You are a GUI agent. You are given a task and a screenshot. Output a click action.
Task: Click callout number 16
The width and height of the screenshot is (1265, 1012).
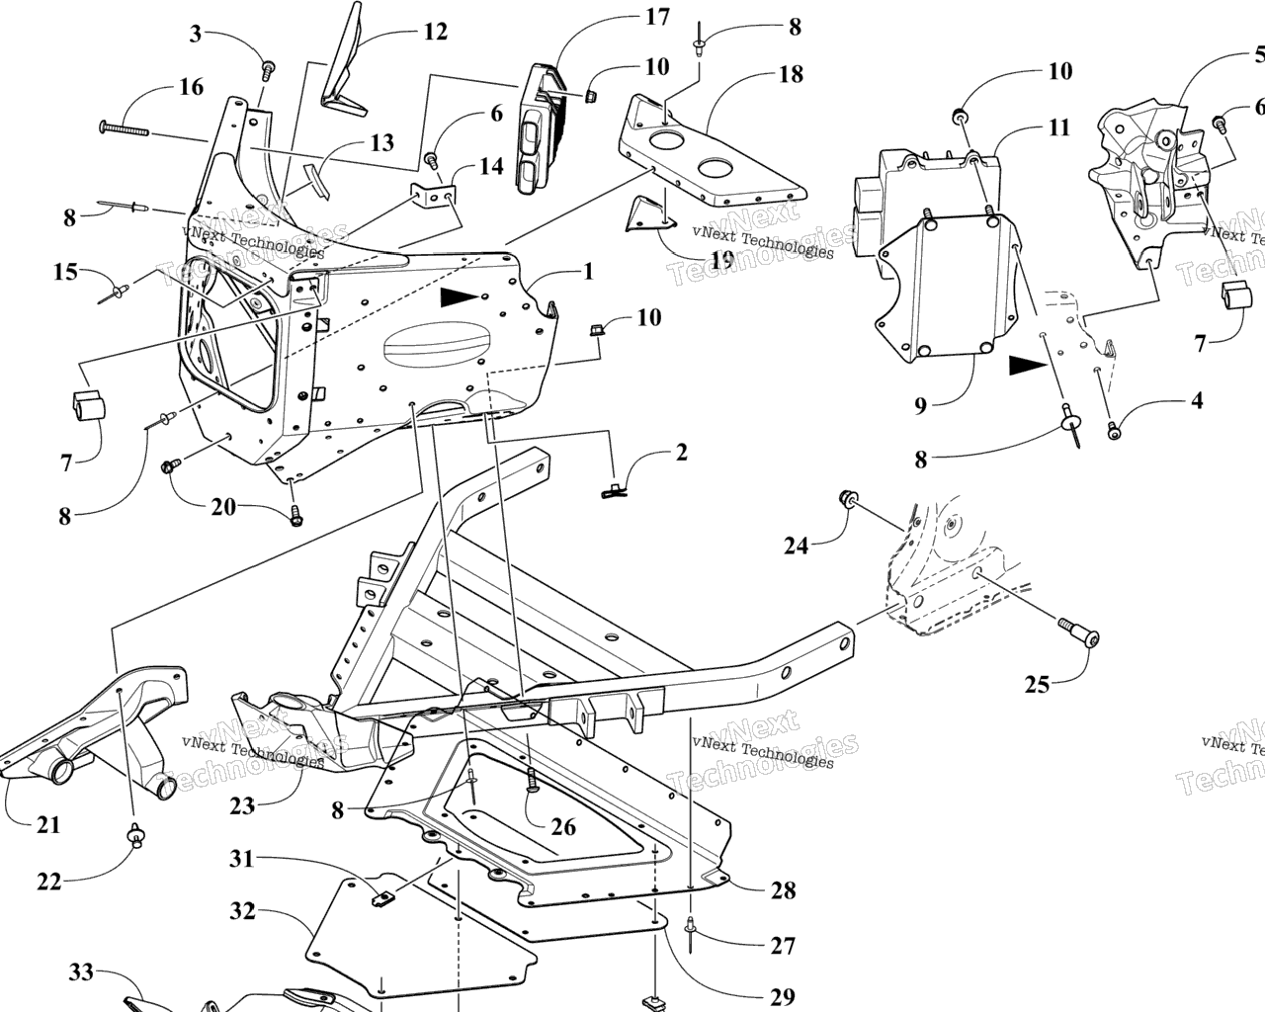tap(191, 87)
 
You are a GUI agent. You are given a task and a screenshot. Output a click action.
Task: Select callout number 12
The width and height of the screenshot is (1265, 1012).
tap(435, 32)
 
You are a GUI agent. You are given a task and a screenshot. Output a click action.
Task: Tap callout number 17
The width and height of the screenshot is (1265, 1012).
tap(656, 17)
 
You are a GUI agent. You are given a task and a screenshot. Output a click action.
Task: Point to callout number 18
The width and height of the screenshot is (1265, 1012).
tap(791, 74)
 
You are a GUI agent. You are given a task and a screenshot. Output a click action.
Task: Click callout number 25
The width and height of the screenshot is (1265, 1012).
tap(1037, 683)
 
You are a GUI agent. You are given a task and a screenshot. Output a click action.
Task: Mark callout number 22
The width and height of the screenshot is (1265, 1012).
tap(48, 881)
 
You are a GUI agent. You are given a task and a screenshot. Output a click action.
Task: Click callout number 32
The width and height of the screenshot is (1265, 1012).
tap(244, 910)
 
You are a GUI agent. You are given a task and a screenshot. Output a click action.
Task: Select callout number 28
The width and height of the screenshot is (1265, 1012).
tap(783, 890)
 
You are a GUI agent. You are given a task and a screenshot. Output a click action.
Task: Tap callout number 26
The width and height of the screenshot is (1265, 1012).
tap(563, 827)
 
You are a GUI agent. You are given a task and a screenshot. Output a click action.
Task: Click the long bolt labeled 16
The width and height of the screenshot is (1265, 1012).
tap(124, 127)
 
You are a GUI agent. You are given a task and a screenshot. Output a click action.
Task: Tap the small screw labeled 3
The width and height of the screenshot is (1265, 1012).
tap(268, 69)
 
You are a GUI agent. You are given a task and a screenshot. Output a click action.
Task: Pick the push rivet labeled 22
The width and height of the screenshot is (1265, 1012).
tap(134, 836)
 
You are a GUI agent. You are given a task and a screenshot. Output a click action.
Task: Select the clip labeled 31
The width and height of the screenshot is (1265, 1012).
tap(384, 898)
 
